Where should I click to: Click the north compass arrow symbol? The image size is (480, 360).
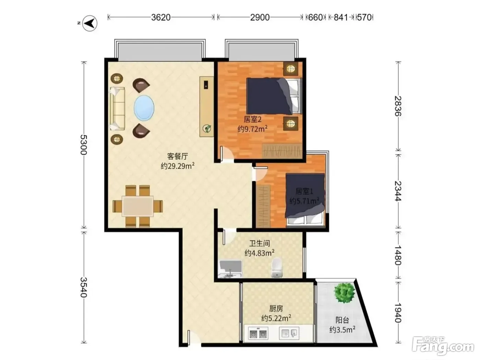pyautogui.click(x=90, y=23)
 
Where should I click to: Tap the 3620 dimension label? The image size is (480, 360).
pyautogui.click(x=161, y=17)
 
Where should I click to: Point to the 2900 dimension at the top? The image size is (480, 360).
pyautogui.click(x=260, y=17)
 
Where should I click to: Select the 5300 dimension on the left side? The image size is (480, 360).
pyautogui.click(x=84, y=145)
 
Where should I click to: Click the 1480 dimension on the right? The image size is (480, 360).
pyautogui.click(x=398, y=255)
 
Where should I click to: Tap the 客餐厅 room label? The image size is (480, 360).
pyautogui.click(x=177, y=156)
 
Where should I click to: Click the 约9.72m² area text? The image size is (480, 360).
pyautogui.click(x=253, y=129)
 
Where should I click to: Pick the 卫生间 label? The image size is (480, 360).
pyautogui.click(x=260, y=243)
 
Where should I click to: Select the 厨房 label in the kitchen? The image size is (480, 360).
pyautogui.click(x=276, y=309)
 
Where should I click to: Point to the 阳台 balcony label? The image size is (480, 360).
pyautogui.click(x=342, y=320)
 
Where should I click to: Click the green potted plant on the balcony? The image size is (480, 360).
pyautogui.click(x=344, y=293)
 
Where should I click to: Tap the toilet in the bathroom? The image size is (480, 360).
pyautogui.click(x=277, y=267)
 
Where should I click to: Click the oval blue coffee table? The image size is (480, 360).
pyautogui.click(x=144, y=108)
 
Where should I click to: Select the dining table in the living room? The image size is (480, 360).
pyautogui.click(x=137, y=206)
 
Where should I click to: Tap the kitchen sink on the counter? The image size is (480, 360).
pyautogui.click(x=289, y=333)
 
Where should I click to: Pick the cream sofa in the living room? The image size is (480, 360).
pyautogui.click(x=117, y=109)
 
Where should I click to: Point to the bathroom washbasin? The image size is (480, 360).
pyautogui.click(x=230, y=269)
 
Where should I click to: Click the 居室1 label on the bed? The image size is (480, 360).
pyautogui.click(x=304, y=191)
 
